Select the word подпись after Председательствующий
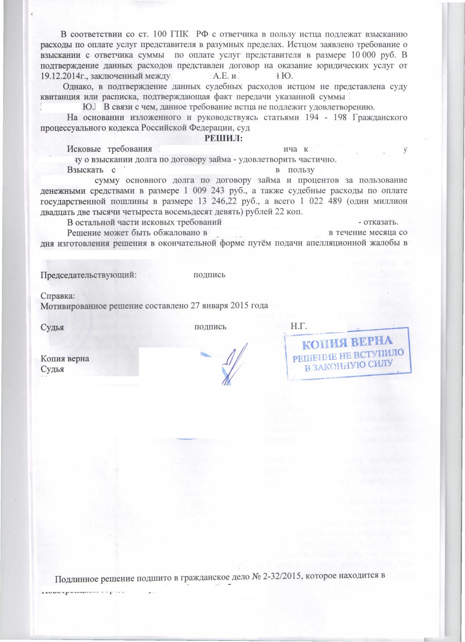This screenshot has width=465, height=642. (x=209, y=275)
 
